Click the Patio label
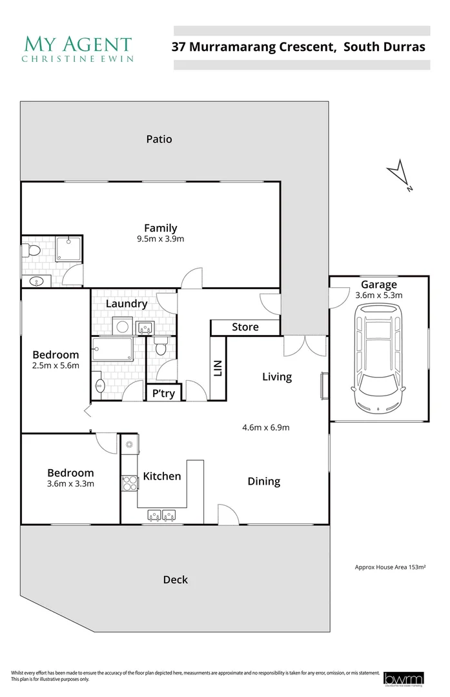pos(159,139)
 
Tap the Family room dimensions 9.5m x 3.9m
pos(160,239)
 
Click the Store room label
pos(245,327)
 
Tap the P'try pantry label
pos(163,393)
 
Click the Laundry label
pos(127,304)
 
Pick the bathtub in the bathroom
pos(112,350)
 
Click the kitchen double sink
pos(162,515)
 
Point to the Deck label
pos(175,580)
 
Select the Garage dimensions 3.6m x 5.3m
pos(379,295)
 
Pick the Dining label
pos(264,481)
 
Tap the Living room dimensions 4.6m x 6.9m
pos(265,427)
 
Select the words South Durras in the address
pos(384,46)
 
